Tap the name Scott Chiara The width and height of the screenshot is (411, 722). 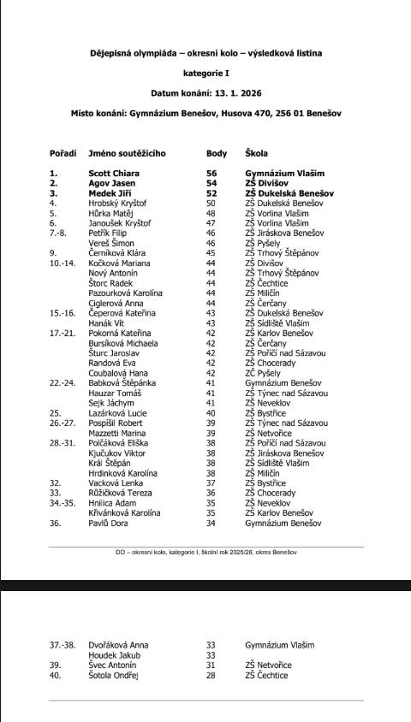coord(114,173)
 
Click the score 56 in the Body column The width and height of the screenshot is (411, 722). coord(211,173)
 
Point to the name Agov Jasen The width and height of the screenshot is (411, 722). coord(111,183)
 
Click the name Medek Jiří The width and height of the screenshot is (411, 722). coord(110,193)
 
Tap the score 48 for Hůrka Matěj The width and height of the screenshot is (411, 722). coord(211,213)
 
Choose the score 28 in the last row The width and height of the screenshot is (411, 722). coord(211,675)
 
